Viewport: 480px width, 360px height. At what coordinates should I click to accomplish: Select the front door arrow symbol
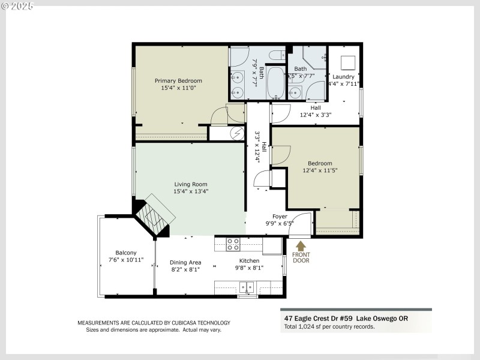(301, 245)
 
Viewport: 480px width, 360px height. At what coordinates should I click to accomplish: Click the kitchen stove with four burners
(233, 244)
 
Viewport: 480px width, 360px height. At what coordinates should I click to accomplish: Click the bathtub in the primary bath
(277, 82)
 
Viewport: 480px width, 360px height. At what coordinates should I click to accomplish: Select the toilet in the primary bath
(277, 56)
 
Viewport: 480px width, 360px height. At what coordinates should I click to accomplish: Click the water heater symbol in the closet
(237, 133)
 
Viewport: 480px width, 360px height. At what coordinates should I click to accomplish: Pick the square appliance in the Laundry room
(347, 63)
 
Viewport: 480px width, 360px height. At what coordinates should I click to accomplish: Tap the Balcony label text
(126, 253)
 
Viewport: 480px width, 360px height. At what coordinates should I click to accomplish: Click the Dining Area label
(185, 262)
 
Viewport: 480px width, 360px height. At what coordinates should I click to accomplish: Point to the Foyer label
(280, 216)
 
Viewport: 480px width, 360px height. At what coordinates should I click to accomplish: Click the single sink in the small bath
(295, 92)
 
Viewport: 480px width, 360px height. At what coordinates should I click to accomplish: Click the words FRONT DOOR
(301, 256)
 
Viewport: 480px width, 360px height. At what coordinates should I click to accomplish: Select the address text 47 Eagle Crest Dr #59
(318, 318)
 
